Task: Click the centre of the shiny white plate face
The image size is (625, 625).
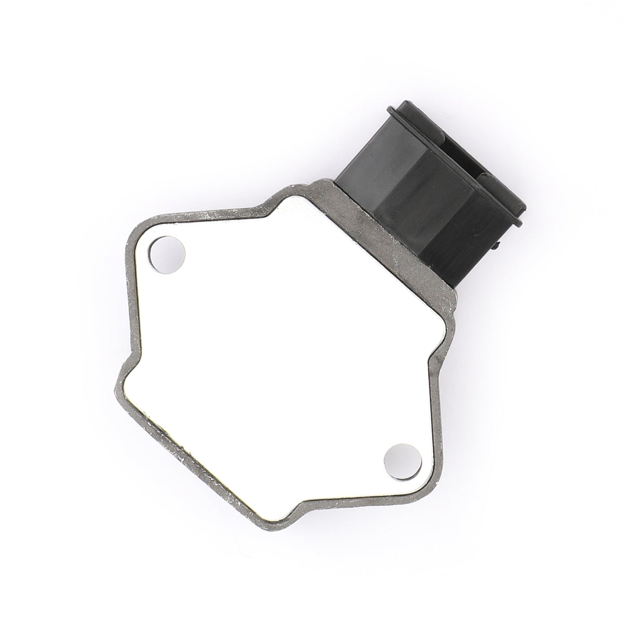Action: coord(281,346)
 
